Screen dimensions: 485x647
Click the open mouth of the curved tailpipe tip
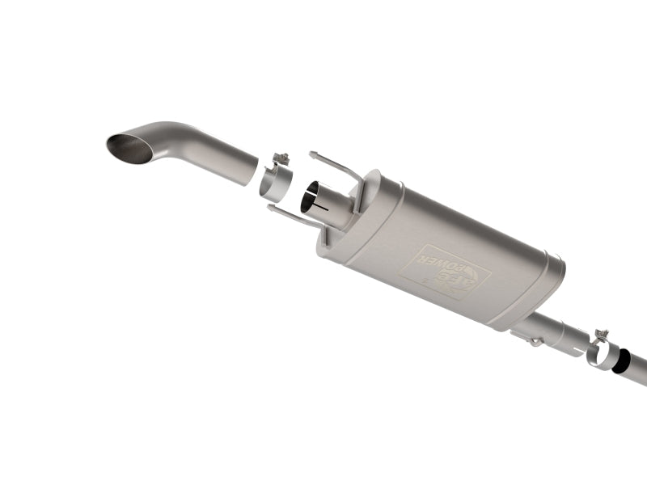[129, 148]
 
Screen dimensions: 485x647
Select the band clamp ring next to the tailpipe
[273, 182]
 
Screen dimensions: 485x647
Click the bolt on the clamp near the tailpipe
[281, 158]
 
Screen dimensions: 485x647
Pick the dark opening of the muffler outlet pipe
[311, 198]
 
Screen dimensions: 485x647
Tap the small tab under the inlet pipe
[535, 343]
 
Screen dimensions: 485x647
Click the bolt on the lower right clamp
[601, 334]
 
